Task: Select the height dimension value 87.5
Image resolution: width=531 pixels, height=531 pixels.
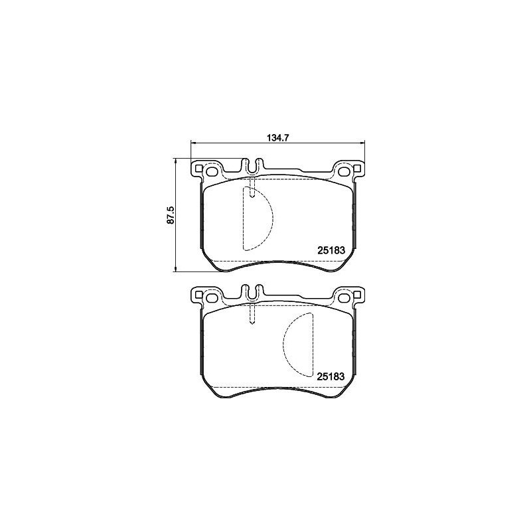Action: coord(171,215)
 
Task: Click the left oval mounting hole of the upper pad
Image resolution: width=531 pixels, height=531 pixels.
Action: coord(212,171)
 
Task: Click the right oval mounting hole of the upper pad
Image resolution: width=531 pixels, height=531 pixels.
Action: coord(344,171)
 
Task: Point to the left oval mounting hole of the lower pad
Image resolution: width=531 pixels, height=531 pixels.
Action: coord(212,297)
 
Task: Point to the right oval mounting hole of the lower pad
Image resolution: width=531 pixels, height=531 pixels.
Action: coord(344,297)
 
